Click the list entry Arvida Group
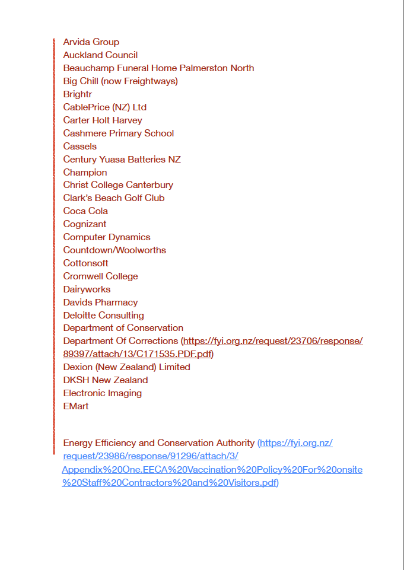pos(91,42)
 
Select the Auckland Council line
pos(100,55)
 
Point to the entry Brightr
pos(77,94)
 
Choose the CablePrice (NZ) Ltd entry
pos(104,107)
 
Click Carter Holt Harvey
pos(103,120)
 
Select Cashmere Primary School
pos(118,133)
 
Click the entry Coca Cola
pos(85,211)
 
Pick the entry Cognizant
pos(85,224)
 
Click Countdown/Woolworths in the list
pos(114,250)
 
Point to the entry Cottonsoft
pos(85,263)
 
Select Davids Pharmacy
pos(100,302)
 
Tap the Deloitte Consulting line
pos(103,316)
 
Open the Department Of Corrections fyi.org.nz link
pos(273,342)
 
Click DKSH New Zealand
pos(105,380)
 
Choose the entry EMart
pos(75,406)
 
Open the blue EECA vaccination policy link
pos(212,470)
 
